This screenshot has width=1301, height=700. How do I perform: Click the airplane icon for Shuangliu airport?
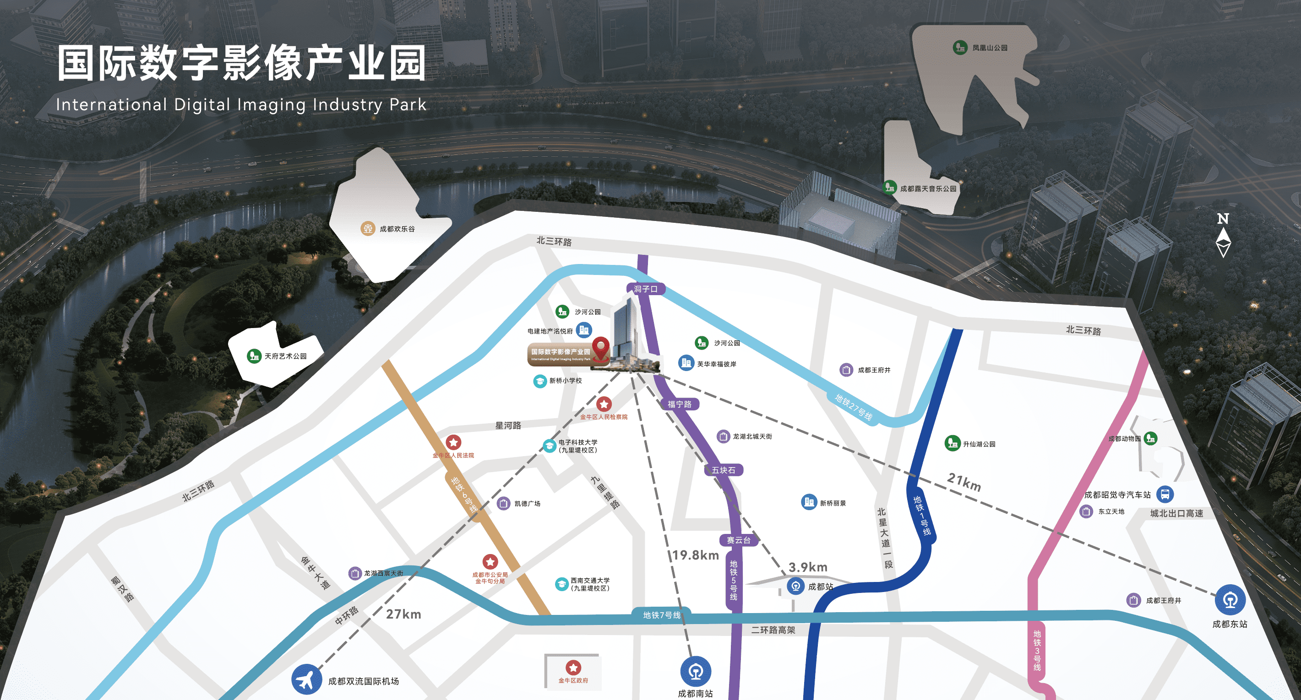point(306,679)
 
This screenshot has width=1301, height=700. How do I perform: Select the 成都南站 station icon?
point(696,671)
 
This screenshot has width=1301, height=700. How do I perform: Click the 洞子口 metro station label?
point(645,289)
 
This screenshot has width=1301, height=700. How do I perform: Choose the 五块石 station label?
point(723,470)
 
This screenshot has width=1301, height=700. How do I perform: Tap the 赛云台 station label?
point(738,540)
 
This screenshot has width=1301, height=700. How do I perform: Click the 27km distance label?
point(403,614)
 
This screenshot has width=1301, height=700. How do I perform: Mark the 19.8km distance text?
point(696,555)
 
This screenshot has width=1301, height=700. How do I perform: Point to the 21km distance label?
point(964,482)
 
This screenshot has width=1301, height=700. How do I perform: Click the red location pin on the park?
point(600,348)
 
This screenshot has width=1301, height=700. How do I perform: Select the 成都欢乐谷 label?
point(397,229)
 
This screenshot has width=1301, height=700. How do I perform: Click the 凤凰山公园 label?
point(990,48)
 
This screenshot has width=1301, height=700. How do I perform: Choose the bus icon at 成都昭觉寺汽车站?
point(1165,494)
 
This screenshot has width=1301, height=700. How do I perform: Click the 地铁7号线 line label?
point(662,615)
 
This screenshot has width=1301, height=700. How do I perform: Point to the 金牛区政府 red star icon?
point(573,668)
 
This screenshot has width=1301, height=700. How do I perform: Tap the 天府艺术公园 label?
point(285,356)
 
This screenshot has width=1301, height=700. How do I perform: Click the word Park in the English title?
point(408,104)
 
